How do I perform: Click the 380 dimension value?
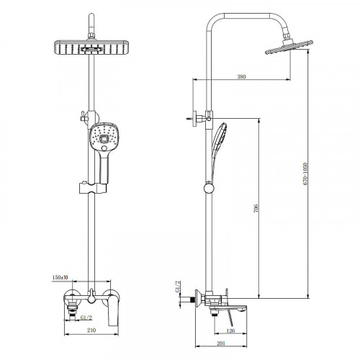(x=241, y=76)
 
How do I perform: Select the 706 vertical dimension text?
(x=256, y=208)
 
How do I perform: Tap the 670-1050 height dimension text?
(x=305, y=174)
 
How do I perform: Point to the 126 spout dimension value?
(x=230, y=330)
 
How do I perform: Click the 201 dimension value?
(x=221, y=343)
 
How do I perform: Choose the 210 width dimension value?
(x=91, y=330)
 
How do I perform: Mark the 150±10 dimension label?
(x=60, y=277)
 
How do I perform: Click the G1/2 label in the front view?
(x=86, y=318)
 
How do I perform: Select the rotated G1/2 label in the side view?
(x=178, y=287)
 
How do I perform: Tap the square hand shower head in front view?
(x=104, y=137)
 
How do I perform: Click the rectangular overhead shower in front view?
(x=91, y=48)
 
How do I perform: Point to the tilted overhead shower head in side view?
(x=289, y=47)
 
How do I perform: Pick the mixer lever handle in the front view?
(x=112, y=311)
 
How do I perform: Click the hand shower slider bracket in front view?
(x=93, y=188)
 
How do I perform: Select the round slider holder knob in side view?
(x=210, y=188)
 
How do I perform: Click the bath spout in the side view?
(x=228, y=308)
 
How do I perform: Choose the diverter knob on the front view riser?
(x=84, y=118)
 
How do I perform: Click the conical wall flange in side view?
(x=198, y=299)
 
